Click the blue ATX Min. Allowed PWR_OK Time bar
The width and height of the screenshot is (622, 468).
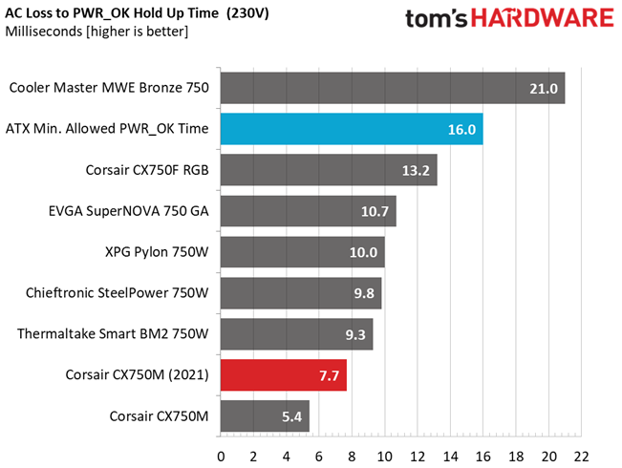tap(352, 129)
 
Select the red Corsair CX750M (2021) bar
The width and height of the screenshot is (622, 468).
tap(284, 374)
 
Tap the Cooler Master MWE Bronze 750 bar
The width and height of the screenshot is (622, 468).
tap(393, 88)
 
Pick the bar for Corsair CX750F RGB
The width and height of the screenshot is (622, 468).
tap(329, 170)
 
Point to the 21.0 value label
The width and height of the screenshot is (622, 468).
tap(544, 89)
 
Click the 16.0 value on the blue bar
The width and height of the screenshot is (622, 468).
tap(461, 129)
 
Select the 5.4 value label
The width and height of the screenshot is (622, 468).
tap(292, 416)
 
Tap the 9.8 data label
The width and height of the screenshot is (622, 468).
tap(364, 293)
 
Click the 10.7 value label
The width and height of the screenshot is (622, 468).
tap(375, 211)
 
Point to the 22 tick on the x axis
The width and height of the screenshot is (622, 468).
tap(581, 457)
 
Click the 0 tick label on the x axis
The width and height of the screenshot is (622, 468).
tap(221, 457)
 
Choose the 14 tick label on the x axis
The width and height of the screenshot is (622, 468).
tap(450, 457)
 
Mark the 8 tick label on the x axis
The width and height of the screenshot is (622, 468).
tap(352, 457)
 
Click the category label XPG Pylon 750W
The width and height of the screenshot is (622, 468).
tap(157, 252)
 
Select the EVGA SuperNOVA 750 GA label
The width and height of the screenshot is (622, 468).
tap(129, 211)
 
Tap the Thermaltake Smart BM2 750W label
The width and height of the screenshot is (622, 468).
tap(113, 333)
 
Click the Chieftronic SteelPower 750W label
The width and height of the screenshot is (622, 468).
tap(117, 292)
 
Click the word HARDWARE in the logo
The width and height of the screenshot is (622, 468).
tap(543, 18)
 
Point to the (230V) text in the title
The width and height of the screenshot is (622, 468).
tap(247, 13)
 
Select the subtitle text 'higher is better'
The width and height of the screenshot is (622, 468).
tap(138, 32)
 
